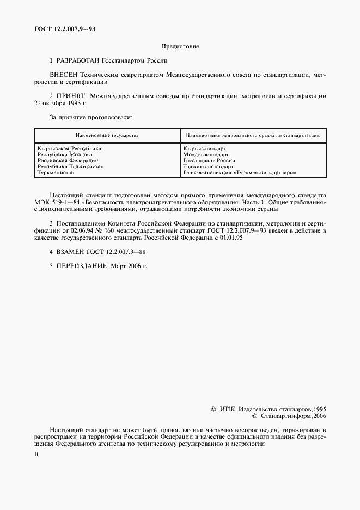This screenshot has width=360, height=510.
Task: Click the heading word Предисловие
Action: coord(180,47)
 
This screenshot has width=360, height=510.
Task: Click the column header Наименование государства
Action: coord(107,135)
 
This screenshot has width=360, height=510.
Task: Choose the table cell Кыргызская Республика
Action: coord(69,148)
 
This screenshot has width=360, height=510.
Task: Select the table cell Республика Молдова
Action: coord(64,154)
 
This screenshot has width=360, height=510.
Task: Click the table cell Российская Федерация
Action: coord(68,161)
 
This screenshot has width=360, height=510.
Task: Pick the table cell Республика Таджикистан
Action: coord(70,167)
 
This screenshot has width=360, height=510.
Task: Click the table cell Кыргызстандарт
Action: coord(205,148)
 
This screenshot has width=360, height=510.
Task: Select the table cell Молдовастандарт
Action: coord(206,154)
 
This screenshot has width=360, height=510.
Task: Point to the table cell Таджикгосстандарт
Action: coord(209,167)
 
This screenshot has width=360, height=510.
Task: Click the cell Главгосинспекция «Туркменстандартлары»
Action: coord(241,173)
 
